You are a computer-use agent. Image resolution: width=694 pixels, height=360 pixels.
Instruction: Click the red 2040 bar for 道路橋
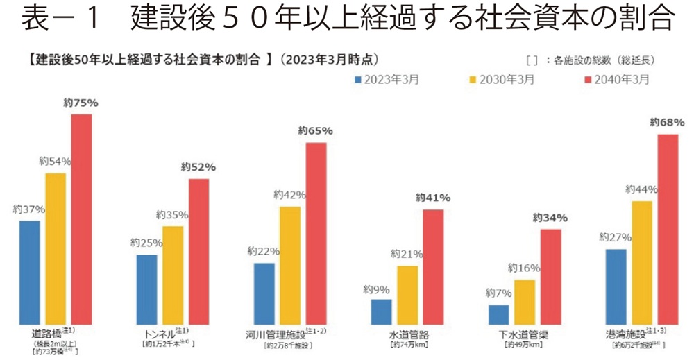click(81, 218)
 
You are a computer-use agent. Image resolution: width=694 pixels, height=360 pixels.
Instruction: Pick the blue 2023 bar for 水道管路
click(381, 311)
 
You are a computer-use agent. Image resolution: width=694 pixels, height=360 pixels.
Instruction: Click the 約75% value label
click(81, 103)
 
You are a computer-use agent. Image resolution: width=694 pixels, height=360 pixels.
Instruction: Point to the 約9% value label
click(380, 290)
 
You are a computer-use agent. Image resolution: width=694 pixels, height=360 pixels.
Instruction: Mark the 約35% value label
click(172, 215)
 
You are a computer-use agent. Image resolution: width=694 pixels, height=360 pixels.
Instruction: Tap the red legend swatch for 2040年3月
click(590, 80)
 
